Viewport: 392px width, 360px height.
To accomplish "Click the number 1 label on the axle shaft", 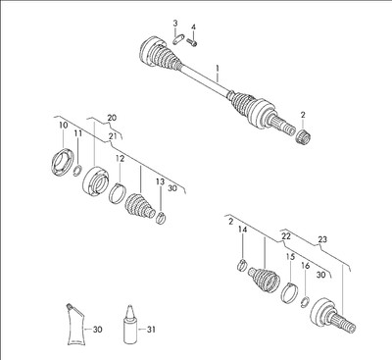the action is (218, 69).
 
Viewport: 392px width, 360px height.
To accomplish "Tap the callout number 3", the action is (175, 24).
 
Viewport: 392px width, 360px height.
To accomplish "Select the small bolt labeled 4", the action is (192, 41).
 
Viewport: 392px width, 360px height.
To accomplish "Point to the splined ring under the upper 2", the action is (304, 135).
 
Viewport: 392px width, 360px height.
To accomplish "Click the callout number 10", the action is (64, 125).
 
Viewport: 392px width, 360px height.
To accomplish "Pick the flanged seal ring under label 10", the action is (62, 163).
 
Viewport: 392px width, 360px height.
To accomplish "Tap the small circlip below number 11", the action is (77, 171).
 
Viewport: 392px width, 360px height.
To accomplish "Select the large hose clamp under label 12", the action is (117, 193).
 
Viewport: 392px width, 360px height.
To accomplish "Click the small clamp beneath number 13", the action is (161, 218).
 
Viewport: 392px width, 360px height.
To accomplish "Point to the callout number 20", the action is (112, 118).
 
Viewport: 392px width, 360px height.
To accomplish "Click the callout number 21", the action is (112, 136).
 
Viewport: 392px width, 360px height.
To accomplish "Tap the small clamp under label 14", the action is (241, 264).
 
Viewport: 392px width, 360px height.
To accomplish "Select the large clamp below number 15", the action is (289, 292).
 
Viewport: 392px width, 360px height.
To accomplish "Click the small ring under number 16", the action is (305, 301).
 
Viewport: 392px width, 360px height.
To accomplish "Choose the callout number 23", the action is (322, 239).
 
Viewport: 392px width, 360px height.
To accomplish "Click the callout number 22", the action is (286, 236).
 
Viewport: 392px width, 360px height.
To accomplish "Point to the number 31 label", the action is (151, 330).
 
